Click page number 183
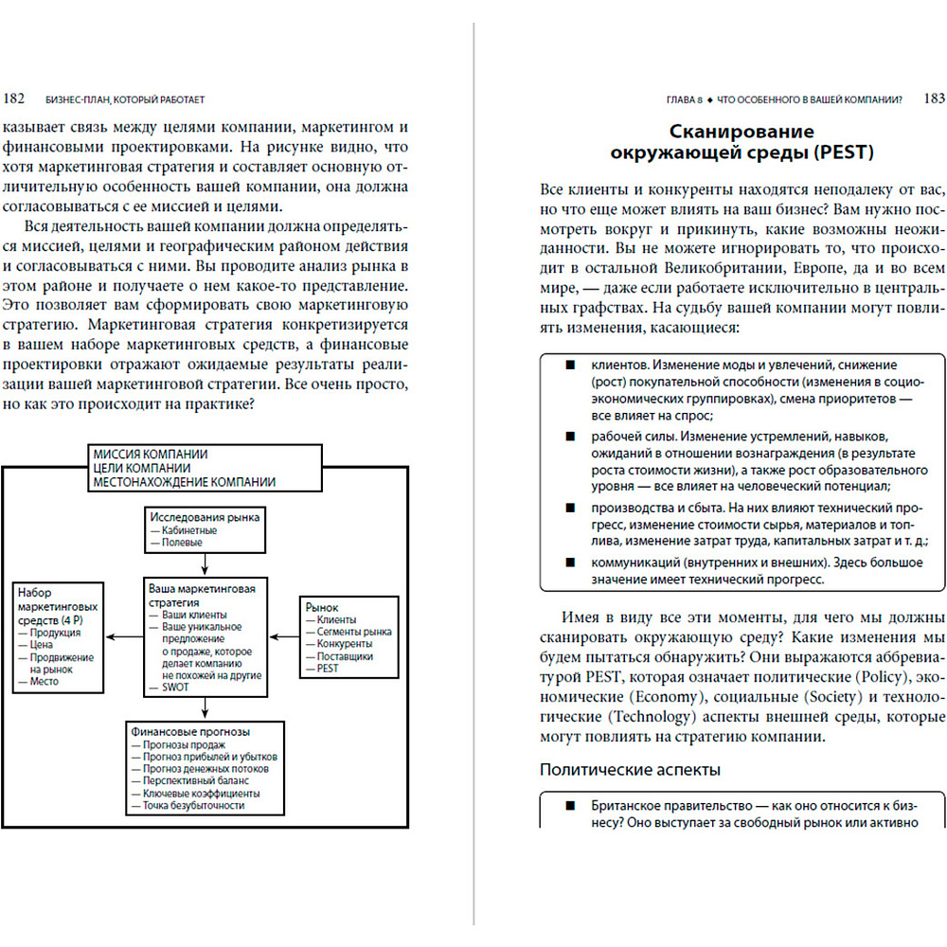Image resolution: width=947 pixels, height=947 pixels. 933,98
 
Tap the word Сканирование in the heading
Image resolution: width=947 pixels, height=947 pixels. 742,132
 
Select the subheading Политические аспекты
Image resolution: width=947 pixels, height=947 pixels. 630,770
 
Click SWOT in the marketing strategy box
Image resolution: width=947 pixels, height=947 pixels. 175,688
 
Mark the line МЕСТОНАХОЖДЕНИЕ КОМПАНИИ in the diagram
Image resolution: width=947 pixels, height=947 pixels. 184,482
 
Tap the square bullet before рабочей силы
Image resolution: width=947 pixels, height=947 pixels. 569,436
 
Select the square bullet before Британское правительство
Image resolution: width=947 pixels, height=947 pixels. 569,805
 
